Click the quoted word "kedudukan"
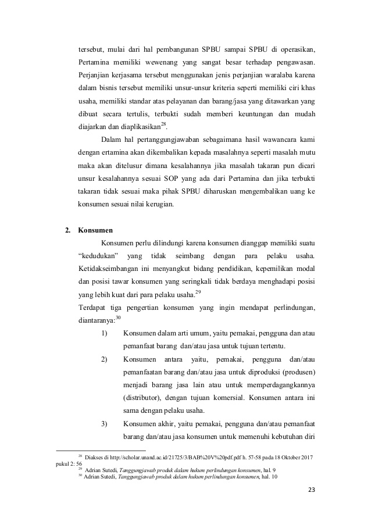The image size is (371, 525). pos(98,256)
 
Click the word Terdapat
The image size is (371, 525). pos(93,308)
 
